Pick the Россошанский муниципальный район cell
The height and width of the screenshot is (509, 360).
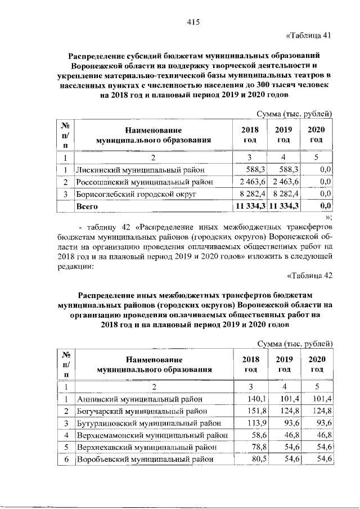coord(145,182)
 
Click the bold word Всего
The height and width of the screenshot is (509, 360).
coord(87,206)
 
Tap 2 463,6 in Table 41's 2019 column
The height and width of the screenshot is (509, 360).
coord(285,182)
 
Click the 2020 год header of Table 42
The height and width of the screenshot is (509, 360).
coord(318,364)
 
